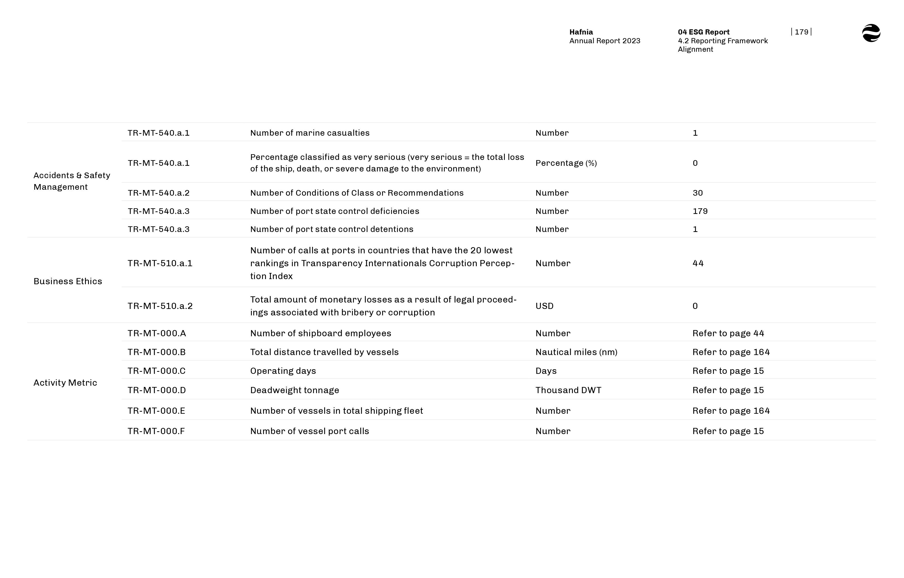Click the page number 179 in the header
[x=801, y=32]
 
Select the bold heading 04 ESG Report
[x=704, y=32]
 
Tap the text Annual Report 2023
[x=604, y=41]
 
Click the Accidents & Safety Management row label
[x=71, y=181]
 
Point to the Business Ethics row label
[x=68, y=281]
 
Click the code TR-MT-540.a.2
[x=158, y=193]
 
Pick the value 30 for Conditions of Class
[x=697, y=193]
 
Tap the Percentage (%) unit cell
[x=566, y=163]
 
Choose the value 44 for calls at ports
[x=698, y=263]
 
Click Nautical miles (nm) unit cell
[x=576, y=352]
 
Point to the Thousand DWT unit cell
[x=568, y=390]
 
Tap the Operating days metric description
[x=283, y=371]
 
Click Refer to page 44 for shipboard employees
[x=728, y=333]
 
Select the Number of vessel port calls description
[x=309, y=431]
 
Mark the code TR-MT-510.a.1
[x=160, y=263]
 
